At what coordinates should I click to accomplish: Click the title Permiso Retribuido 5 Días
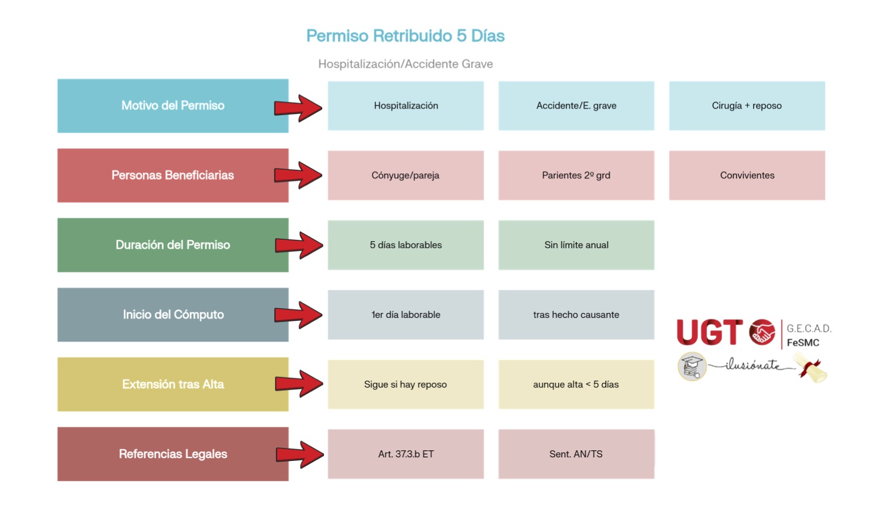click(x=405, y=36)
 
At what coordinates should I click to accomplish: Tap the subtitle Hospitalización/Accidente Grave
click(x=405, y=64)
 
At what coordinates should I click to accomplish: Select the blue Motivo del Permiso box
click(x=173, y=106)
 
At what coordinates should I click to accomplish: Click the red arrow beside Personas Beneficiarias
click(x=298, y=175)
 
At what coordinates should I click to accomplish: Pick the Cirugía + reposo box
click(x=747, y=106)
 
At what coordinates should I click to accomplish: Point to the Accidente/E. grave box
click(x=576, y=106)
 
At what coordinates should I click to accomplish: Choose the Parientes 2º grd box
click(x=576, y=176)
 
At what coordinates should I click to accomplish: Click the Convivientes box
click(x=747, y=176)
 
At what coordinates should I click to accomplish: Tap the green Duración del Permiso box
click(x=173, y=245)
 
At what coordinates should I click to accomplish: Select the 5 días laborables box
click(x=406, y=245)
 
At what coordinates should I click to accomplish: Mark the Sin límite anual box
click(x=576, y=245)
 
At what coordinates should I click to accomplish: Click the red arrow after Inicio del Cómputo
click(x=298, y=315)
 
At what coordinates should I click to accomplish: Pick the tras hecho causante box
click(x=576, y=315)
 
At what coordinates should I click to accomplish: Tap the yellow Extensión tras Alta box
click(x=173, y=384)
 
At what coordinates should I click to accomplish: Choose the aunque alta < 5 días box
click(x=576, y=384)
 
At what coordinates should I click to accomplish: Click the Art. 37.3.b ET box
click(x=406, y=454)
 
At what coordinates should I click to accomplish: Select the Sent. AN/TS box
click(x=576, y=454)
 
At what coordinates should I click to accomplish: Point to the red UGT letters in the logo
click(x=709, y=332)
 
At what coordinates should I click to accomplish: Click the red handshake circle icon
click(x=762, y=332)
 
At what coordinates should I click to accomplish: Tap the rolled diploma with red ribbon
click(x=811, y=368)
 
